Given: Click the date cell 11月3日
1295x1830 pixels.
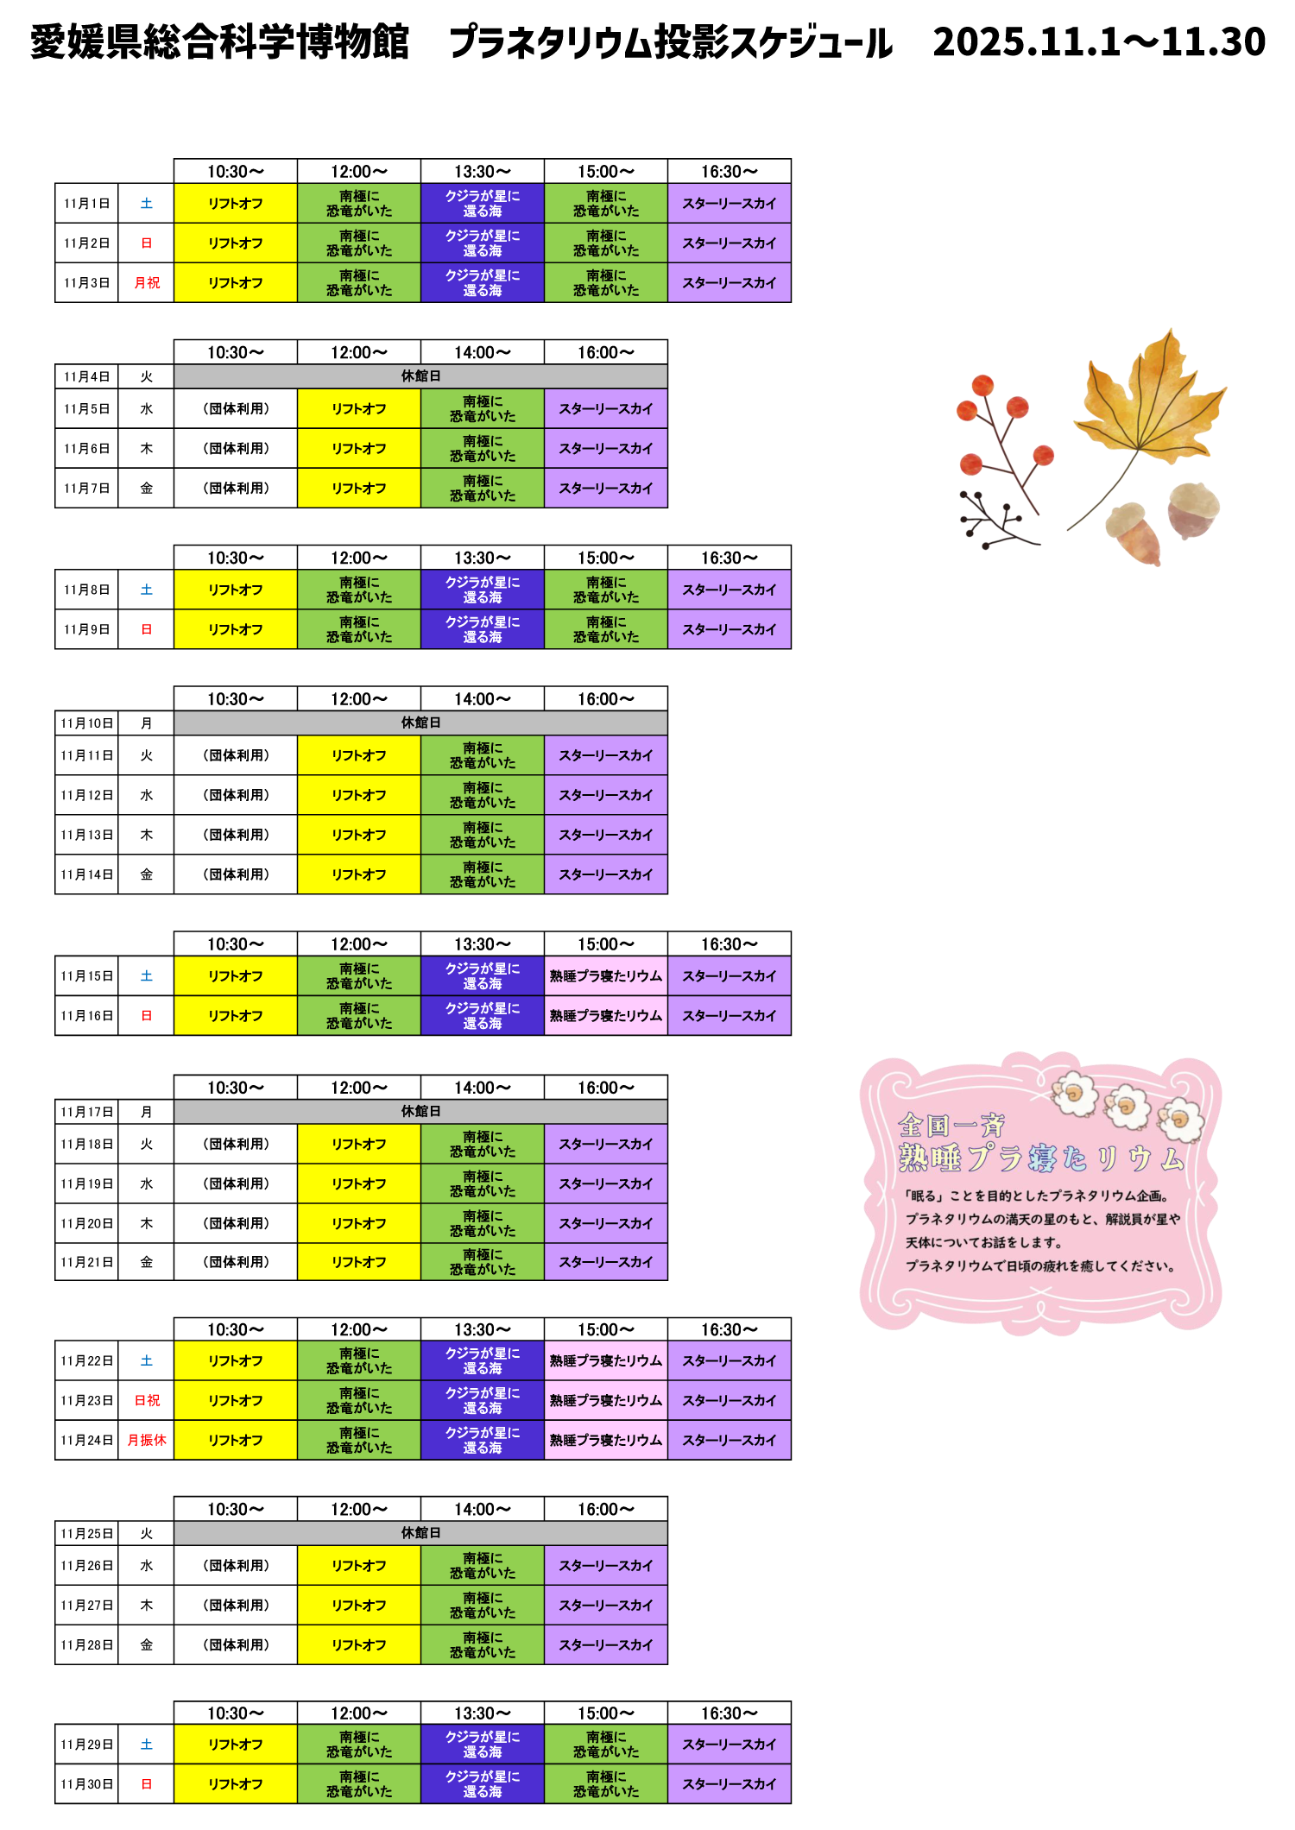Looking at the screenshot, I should coord(86,283).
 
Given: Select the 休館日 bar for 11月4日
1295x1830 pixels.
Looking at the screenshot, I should coord(420,376).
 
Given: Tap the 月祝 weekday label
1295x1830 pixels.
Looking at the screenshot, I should coord(147,283).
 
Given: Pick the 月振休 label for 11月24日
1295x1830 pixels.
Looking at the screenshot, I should coord(147,1440).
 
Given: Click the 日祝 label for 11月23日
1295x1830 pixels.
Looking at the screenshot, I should coord(147,1400).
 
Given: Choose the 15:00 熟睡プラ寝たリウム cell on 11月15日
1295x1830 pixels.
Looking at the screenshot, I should coord(606,976).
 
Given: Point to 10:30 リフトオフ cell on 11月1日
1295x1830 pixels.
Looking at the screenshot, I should coord(236,204).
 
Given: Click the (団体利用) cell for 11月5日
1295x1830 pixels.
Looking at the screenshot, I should coord(236,409).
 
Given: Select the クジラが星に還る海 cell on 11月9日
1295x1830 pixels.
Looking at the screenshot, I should coord(483,629).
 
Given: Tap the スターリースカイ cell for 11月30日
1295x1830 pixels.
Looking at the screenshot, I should coord(730,1783).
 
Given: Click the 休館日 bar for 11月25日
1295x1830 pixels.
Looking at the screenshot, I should coord(420,1533).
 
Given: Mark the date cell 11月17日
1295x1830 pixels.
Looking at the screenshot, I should coord(86,1112).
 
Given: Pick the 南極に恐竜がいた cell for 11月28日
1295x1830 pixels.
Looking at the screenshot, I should coord(483,1644).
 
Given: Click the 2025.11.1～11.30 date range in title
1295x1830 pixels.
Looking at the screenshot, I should coord(1099,41).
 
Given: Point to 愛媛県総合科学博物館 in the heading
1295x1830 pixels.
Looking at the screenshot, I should coord(219,41).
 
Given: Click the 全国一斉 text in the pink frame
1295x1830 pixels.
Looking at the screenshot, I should coord(951,1126).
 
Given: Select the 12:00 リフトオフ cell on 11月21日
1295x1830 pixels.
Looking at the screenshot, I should coord(359,1262).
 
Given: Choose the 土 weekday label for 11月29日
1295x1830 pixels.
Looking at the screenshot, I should coord(147,1745).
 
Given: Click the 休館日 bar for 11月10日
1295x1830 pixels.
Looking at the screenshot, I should coord(420,723).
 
